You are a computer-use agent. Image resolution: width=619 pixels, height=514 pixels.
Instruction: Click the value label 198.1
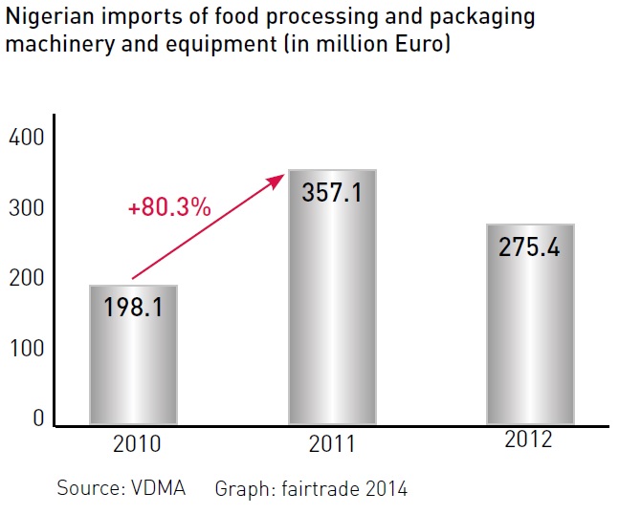click(x=133, y=306)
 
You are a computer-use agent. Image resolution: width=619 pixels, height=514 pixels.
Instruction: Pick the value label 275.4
click(x=529, y=246)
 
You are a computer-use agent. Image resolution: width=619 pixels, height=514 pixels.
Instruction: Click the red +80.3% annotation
click(x=168, y=207)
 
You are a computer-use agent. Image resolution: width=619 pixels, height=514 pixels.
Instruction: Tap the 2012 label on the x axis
click(x=530, y=441)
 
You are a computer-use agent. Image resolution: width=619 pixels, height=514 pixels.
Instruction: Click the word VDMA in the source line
click(x=161, y=489)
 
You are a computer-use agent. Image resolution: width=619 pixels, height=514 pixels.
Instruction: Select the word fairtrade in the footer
click(x=315, y=489)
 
